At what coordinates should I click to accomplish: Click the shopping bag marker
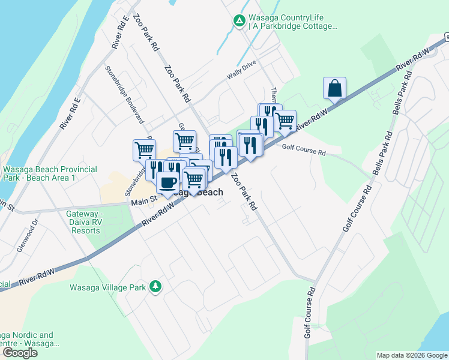tap(334, 88)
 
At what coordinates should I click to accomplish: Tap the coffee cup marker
tap(167, 182)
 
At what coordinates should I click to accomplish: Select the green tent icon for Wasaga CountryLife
tap(239, 22)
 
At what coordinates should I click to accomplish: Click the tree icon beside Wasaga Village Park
tap(155, 287)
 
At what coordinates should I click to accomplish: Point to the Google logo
tap(20, 353)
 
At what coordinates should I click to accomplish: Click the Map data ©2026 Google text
tap(412, 355)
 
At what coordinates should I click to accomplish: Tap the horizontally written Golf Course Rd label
tap(303, 152)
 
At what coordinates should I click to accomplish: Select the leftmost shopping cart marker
tap(144, 150)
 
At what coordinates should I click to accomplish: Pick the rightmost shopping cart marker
tap(285, 121)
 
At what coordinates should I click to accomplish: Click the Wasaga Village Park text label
tap(108, 287)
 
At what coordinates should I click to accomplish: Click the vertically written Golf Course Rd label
tap(310, 312)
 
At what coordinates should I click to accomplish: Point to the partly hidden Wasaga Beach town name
tap(198, 193)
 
